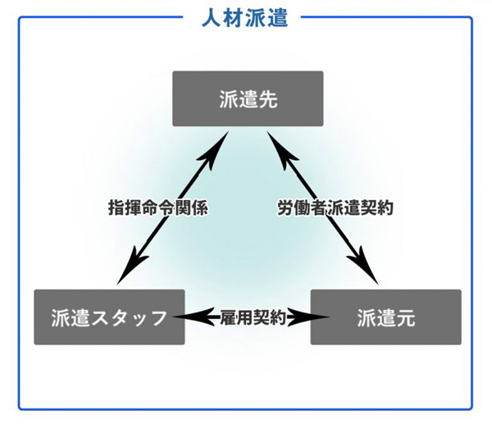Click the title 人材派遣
[244, 18]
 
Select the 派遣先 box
[248, 98]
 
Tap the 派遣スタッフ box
[109, 317]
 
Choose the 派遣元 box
[386, 317]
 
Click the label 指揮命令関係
[157, 207]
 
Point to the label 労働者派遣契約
[335, 207]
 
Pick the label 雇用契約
[253, 317]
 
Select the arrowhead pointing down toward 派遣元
[363, 266]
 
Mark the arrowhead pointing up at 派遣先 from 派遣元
[280, 150]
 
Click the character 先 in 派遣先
[268, 99]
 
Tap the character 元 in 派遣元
[405, 317]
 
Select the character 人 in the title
[212, 18]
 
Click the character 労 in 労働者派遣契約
[286, 207]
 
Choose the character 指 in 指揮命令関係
[116, 207]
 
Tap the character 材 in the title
[233, 18]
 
